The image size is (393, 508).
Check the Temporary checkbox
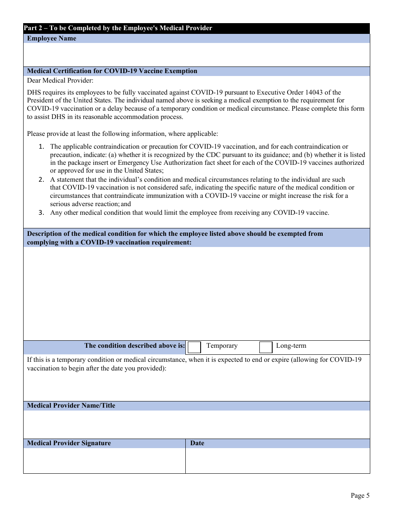click(194, 347)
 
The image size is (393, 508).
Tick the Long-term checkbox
click(266, 347)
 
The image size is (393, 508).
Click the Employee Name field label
click(52, 38)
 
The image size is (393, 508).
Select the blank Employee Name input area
click(196, 55)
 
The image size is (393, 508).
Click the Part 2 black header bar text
click(118, 28)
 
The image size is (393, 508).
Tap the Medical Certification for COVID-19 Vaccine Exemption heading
click(112, 71)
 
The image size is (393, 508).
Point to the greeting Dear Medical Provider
click(60, 80)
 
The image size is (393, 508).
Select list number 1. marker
click(41, 147)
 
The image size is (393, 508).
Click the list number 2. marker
click(41, 180)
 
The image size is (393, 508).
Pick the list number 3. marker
click(41, 213)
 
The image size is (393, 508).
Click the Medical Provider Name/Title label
click(71, 406)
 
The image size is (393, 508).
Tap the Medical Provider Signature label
click(69, 443)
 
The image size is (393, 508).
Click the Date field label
click(197, 443)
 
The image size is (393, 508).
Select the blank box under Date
click(277, 461)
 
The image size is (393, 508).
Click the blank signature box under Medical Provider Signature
click(104, 461)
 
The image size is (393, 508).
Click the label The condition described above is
click(135, 346)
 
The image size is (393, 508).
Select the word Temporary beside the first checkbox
click(222, 346)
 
